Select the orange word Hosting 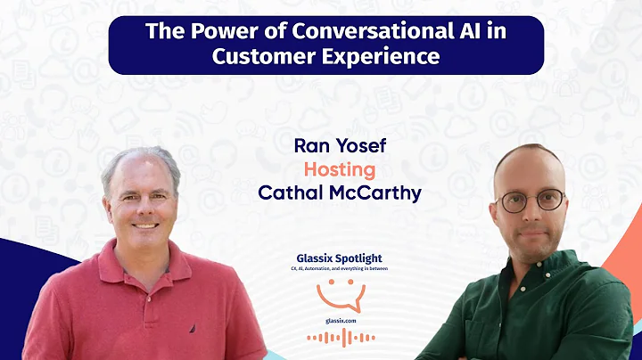(339, 169)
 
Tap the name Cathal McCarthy (339, 192)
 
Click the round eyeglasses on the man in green (531, 200)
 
